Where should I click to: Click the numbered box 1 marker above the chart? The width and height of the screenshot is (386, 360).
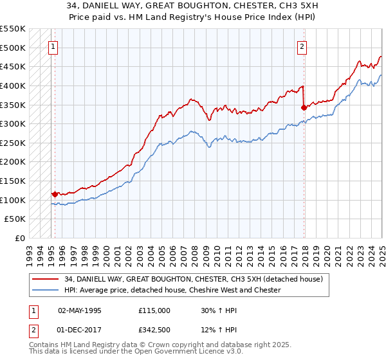tap(52, 46)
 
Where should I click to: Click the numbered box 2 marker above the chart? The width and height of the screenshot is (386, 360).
tap(302, 46)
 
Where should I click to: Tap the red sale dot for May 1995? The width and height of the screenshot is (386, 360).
tap(55, 194)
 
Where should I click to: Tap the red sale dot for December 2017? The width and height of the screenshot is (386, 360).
tap(304, 108)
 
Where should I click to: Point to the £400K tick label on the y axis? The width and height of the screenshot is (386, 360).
tap(13, 85)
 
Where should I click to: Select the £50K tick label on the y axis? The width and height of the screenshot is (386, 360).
tap(15, 219)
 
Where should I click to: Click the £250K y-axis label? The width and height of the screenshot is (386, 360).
tap(13, 143)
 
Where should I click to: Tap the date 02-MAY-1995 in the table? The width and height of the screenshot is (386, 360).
tap(80, 310)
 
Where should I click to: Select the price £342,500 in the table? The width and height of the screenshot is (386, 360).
tap(154, 331)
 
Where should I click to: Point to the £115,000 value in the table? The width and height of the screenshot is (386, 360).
tap(154, 310)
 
